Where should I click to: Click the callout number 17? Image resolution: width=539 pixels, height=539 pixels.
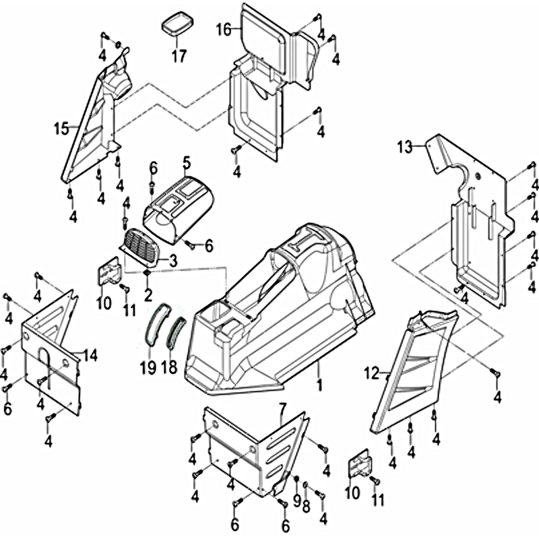(178, 56)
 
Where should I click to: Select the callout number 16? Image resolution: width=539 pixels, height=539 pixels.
(224, 30)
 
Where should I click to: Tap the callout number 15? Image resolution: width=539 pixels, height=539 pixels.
(62, 128)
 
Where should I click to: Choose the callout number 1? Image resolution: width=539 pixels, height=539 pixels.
(319, 385)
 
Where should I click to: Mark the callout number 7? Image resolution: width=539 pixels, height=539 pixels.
(282, 408)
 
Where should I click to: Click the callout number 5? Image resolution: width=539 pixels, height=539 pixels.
(187, 162)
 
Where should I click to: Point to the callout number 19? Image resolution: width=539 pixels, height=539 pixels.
(148, 367)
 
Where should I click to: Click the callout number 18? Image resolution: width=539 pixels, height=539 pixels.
(170, 367)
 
